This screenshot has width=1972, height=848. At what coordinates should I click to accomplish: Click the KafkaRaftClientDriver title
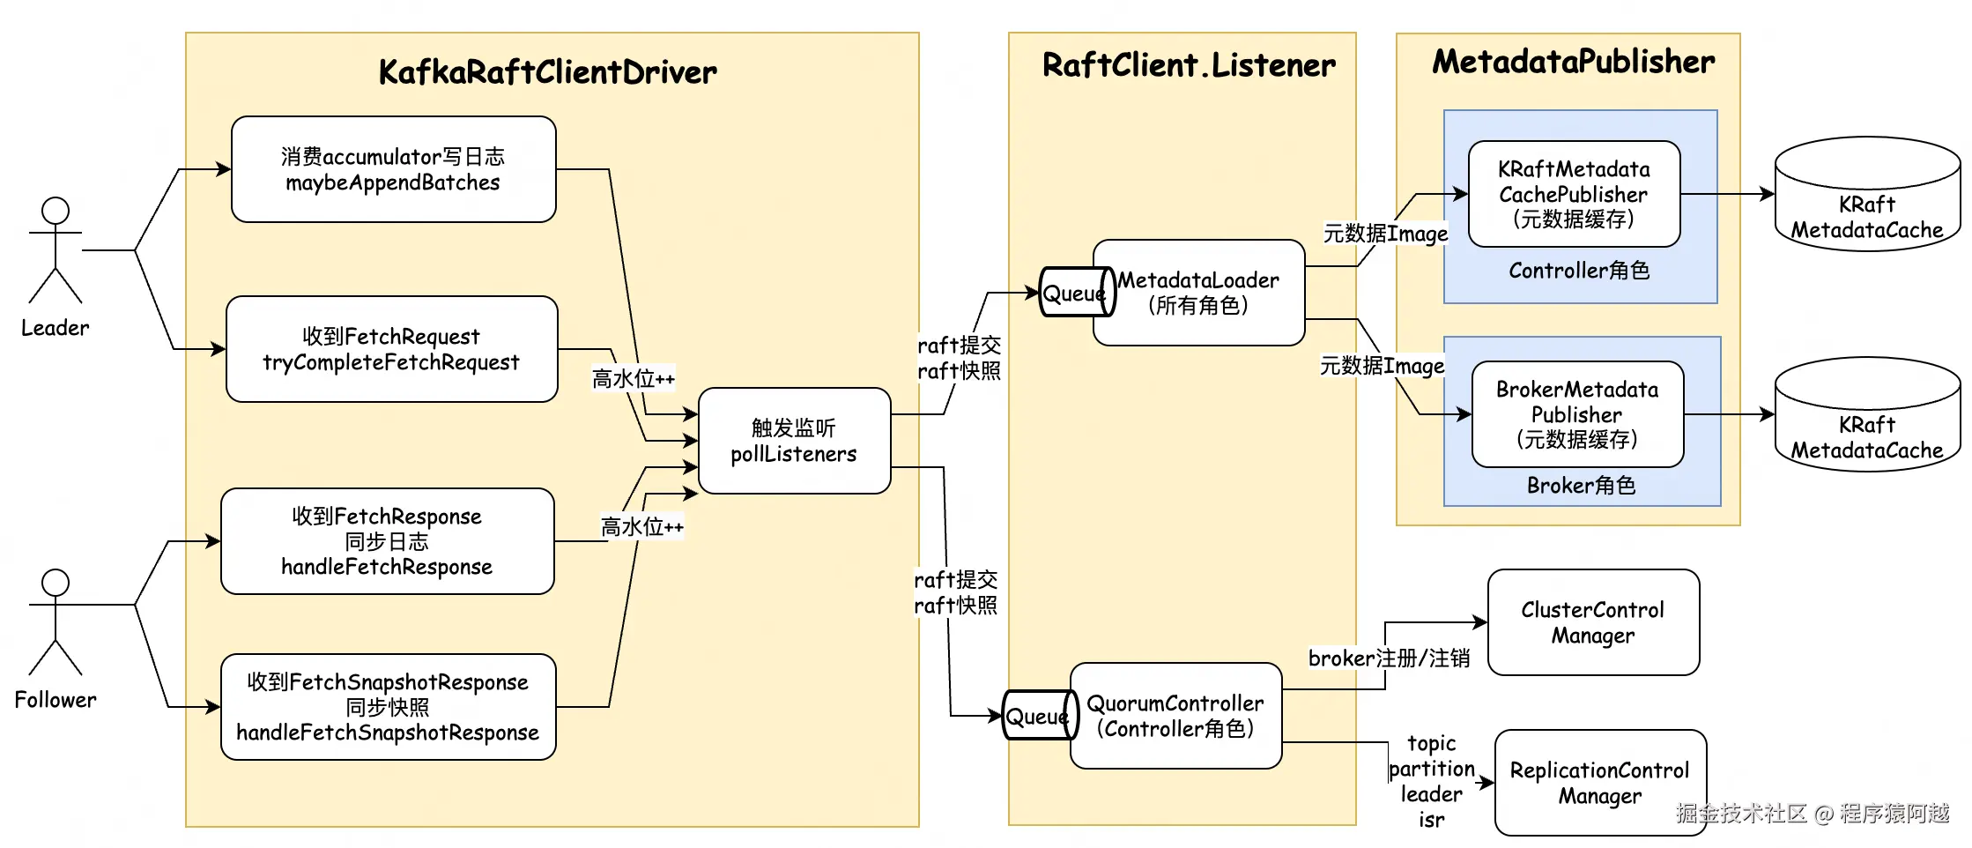(547, 72)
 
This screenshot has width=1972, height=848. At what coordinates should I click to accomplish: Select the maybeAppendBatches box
(393, 169)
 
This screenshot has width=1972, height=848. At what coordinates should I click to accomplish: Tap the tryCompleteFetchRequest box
(391, 349)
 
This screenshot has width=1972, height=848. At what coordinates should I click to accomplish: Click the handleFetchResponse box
(387, 541)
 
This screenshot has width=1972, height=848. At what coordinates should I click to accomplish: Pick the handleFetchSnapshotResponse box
(388, 707)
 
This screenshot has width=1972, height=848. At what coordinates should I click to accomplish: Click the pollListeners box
(794, 441)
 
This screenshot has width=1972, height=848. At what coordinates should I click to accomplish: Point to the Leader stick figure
(56, 250)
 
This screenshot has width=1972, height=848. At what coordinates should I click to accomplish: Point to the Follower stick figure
(56, 622)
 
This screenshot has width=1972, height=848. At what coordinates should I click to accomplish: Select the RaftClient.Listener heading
(1189, 65)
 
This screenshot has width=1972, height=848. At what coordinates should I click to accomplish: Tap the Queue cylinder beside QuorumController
(1038, 716)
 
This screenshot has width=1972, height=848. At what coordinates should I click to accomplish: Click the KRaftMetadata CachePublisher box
(1574, 194)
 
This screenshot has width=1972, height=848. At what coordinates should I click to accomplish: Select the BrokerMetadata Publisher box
(1577, 414)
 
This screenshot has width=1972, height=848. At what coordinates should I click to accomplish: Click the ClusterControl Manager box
(1593, 622)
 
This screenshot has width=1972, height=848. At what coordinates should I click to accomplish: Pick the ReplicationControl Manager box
(1600, 783)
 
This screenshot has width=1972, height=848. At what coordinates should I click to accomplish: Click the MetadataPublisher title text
(1574, 62)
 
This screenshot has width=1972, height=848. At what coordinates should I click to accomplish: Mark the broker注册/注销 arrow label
(1389, 658)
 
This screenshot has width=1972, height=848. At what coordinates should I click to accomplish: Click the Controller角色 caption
(1579, 271)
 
